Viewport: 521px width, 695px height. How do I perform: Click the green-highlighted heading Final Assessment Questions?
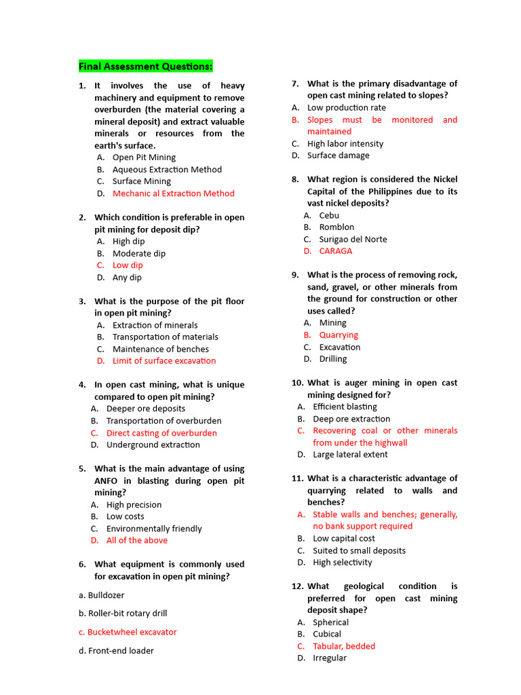click(145, 66)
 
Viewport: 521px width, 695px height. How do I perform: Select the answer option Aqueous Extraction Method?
click(167, 170)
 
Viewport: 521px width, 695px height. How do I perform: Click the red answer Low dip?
click(128, 265)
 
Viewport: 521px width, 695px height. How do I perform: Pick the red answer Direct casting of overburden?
click(161, 433)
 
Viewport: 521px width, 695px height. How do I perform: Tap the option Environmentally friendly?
click(154, 529)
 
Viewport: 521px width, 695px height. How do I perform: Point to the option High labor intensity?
click(345, 144)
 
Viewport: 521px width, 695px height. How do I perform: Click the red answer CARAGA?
click(336, 251)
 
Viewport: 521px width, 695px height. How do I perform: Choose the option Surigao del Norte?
click(353, 239)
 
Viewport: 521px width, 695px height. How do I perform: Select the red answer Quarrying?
click(339, 335)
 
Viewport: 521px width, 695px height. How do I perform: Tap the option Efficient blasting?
click(345, 407)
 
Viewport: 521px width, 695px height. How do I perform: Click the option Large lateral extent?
click(350, 455)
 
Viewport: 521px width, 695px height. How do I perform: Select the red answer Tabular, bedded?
click(344, 646)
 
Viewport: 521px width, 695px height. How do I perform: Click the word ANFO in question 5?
click(106, 481)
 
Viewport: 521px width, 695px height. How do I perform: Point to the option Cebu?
click(329, 215)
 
